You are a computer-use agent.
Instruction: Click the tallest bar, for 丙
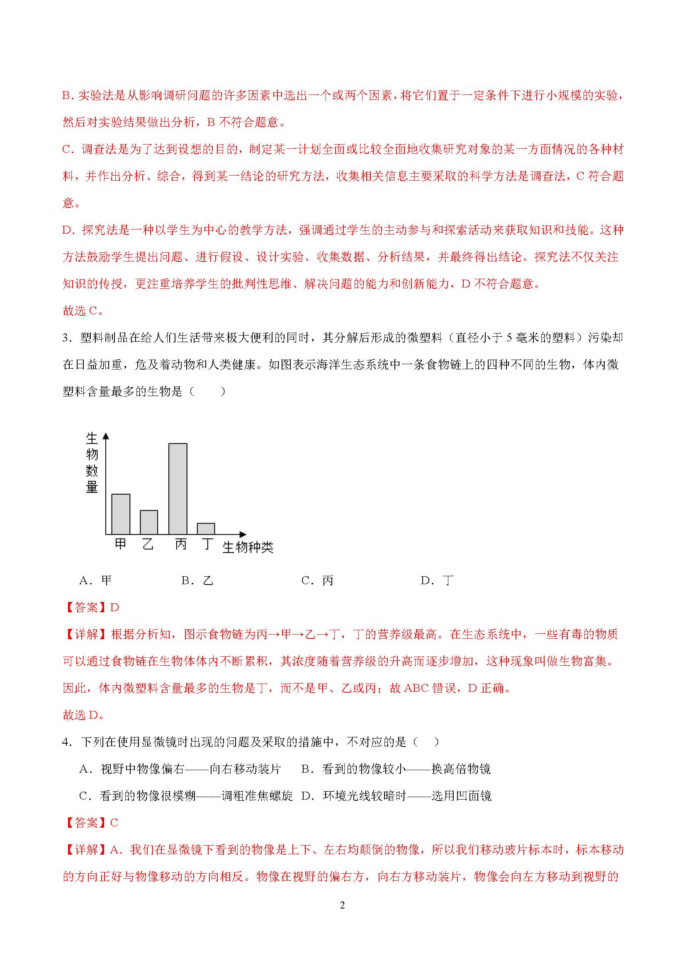[x=178, y=489]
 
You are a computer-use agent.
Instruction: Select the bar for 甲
[x=121, y=514]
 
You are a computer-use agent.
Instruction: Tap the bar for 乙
[x=149, y=522]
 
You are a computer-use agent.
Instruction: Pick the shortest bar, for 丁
[x=206, y=529]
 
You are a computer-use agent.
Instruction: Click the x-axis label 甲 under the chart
[x=120, y=544]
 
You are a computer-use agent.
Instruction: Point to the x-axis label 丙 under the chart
[x=181, y=544]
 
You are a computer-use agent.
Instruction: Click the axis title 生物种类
[x=248, y=547]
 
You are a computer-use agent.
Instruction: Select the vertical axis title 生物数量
[x=92, y=463]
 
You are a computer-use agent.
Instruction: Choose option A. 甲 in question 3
[x=95, y=581]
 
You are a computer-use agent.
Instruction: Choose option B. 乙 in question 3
[x=197, y=581]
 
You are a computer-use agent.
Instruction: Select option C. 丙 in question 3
[x=317, y=581]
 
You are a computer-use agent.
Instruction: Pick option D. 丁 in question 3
[x=437, y=581]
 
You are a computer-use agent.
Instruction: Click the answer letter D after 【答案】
[x=114, y=608]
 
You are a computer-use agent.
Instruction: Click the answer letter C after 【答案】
[x=114, y=823]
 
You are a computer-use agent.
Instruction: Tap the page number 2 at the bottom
[x=342, y=905]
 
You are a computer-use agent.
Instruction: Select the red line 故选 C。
[x=83, y=311]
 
